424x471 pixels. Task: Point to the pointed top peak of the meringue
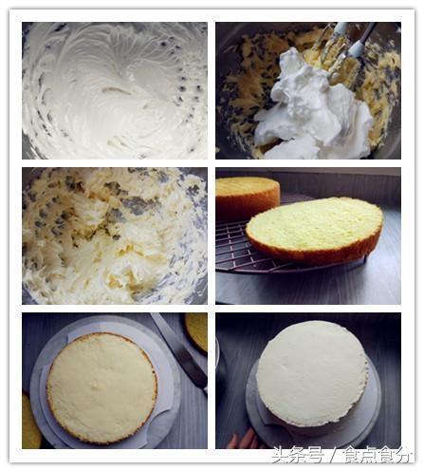coord(292,51)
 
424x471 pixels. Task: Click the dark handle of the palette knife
coord(193,372)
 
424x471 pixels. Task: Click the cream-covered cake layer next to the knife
coord(101,386)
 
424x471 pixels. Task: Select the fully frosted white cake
coord(312,373)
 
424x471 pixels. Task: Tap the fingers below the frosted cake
coord(245,440)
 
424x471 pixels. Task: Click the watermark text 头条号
coord(297,455)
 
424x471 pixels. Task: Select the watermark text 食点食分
coord(377,455)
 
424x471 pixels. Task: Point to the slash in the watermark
coord(333,455)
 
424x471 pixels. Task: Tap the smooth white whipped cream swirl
coord(115,90)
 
